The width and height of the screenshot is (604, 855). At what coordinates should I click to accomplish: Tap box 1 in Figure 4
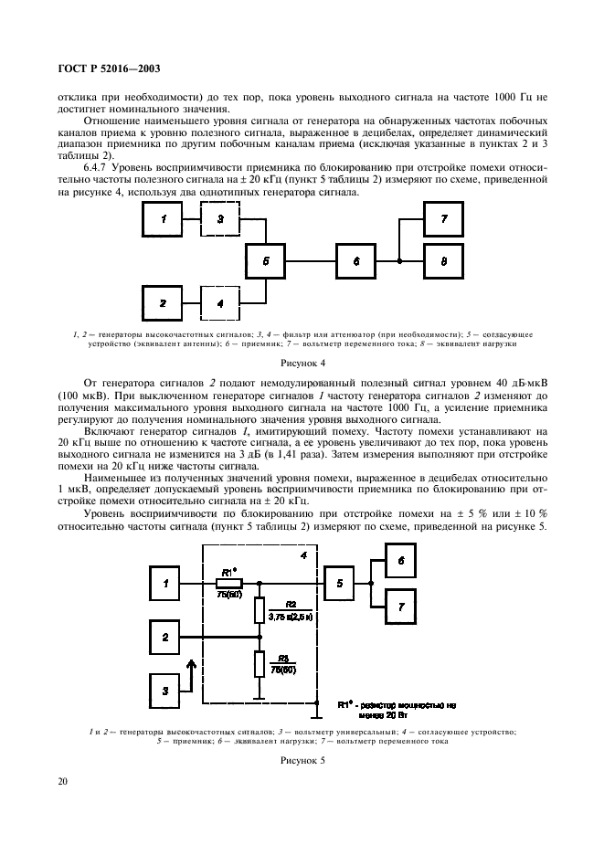[164, 219]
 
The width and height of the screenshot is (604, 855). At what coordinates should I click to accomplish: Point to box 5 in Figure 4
[265, 261]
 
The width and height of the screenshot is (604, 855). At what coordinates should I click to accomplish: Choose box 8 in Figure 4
[443, 261]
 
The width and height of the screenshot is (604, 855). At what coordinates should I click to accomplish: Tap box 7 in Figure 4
[443, 220]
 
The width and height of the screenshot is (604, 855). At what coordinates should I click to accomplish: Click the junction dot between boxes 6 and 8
[400, 261]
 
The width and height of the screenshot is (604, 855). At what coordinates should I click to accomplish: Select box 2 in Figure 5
[164, 636]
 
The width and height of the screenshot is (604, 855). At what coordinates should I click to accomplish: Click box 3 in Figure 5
[164, 691]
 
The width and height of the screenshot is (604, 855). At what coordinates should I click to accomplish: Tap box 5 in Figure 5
[339, 583]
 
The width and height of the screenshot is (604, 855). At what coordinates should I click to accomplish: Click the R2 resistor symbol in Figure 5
[260, 610]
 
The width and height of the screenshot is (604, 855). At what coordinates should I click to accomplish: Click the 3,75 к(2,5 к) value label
[291, 617]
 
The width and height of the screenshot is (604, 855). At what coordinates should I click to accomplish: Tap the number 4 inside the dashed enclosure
[303, 556]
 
